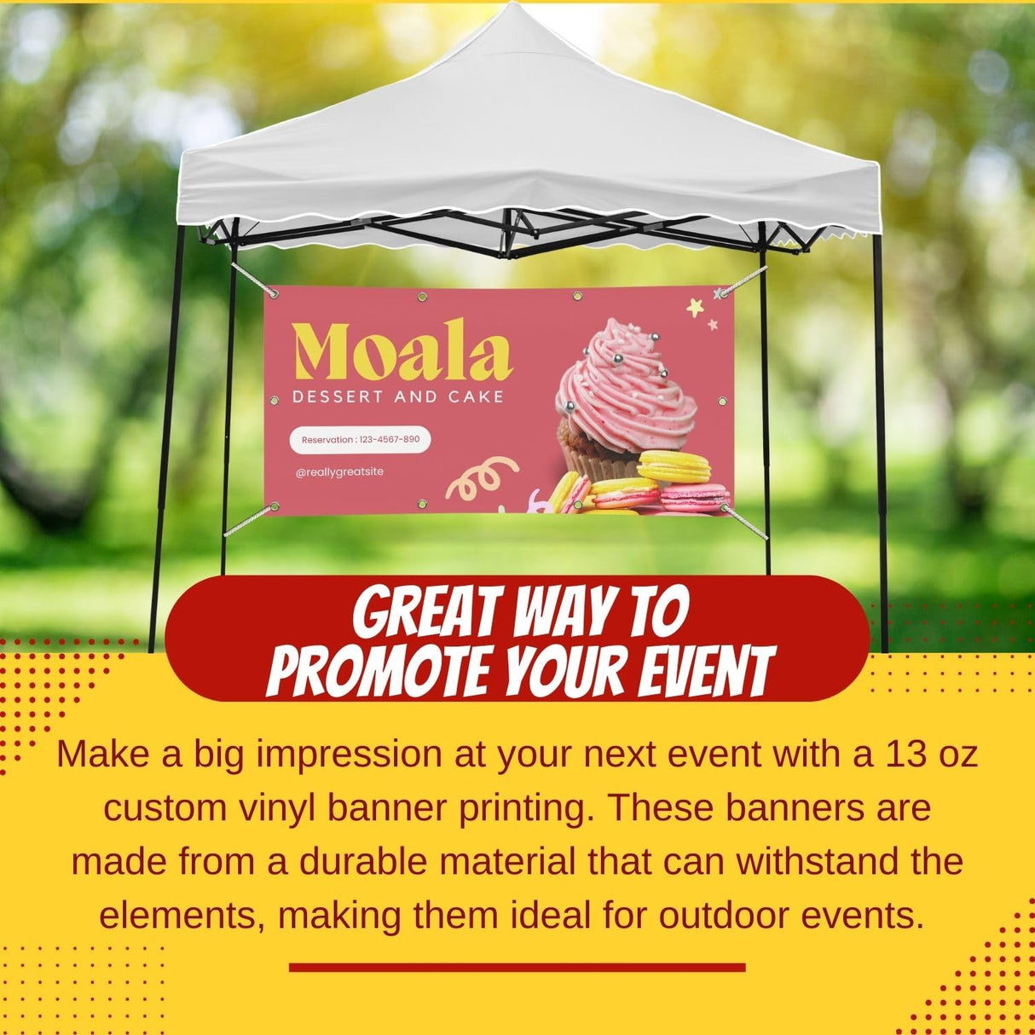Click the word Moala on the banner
[x=402, y=350]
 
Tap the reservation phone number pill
[x=361, y=440]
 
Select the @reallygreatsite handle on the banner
[x=338, y=471]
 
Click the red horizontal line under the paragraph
[x=517, y=967]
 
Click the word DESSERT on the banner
[x=338, y=396]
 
